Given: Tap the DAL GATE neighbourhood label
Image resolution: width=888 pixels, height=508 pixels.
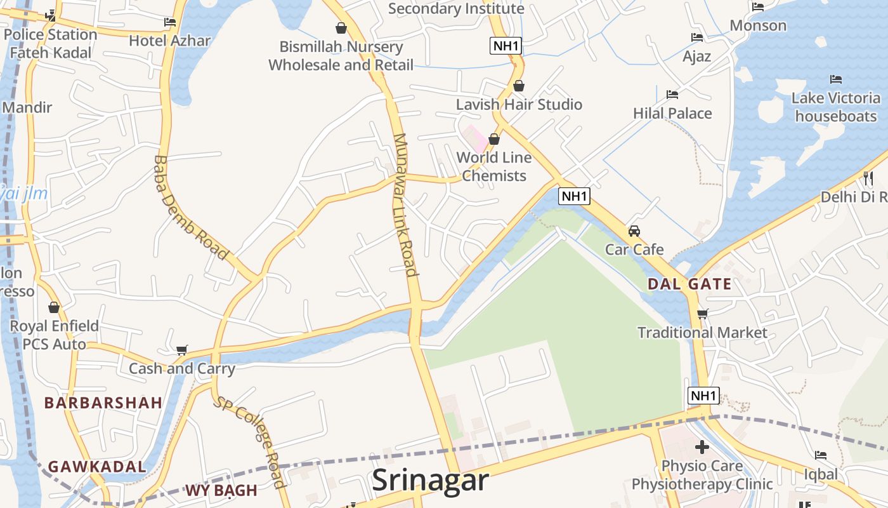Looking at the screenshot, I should coord(689,284).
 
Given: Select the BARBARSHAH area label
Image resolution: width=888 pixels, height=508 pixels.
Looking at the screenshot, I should coord(103,403).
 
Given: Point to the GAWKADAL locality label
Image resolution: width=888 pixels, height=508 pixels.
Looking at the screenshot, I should coord(97,466).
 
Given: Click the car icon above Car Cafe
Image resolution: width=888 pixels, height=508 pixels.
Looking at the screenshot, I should coord(634,231).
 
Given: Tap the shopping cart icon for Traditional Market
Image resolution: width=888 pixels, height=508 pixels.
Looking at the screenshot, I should coord(702,314).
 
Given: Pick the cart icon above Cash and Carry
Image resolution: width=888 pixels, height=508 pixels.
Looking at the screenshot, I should coord(182,350).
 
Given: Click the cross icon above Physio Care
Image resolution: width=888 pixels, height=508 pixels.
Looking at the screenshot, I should coord(702,446).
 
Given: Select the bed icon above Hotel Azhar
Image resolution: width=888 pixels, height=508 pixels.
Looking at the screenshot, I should coord(169,22).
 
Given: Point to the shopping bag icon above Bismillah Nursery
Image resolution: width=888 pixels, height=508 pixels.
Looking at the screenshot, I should coord(341,28).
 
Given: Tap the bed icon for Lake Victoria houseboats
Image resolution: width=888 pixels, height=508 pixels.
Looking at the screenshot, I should coord(836,79).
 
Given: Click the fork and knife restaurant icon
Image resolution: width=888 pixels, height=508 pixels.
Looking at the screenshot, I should coord(868,178).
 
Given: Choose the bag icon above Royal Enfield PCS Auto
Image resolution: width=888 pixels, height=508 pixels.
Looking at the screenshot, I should coord(54,307).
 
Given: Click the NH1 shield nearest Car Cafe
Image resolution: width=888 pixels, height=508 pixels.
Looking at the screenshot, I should coord(574,196).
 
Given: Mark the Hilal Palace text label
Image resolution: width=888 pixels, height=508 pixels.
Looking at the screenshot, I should coord(672,113).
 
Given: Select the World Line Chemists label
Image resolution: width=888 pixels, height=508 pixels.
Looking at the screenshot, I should coord(494,166).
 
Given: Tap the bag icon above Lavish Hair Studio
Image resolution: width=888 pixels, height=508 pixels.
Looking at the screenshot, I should coord(519,86).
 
